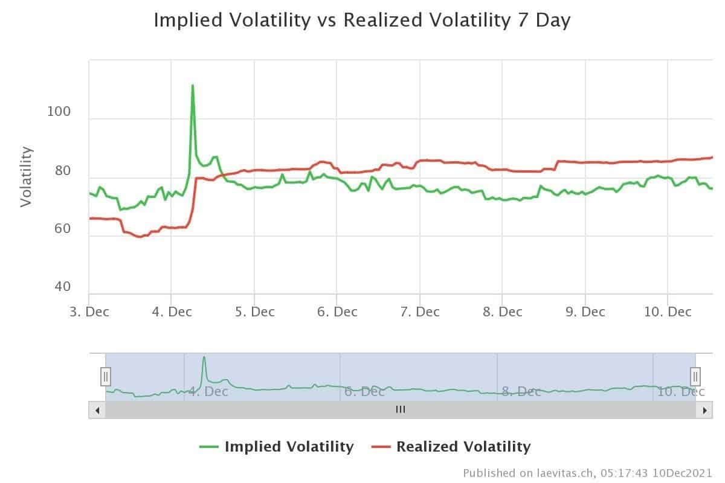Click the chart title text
[x=362, y=20]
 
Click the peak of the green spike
[x=192, y=86]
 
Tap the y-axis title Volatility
[x=26, y=176]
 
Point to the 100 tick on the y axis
[x=59, y=112]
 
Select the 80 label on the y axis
[x=59, y=171]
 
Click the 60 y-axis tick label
[x=59, y=229]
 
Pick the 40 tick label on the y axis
[x=62, y=287]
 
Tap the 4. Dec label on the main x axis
[x=171, y=312]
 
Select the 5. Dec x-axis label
[x=254, y=312]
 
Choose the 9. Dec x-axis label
[x=584, y=312]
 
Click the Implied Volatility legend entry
[x=277, y=447]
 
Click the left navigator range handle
[x=106, y=377]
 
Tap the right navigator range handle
[x=695, y=377]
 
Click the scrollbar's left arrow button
[x=97, y=410]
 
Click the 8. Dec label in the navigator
[x=521, y=392]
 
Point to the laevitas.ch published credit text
[x=587, y=472]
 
